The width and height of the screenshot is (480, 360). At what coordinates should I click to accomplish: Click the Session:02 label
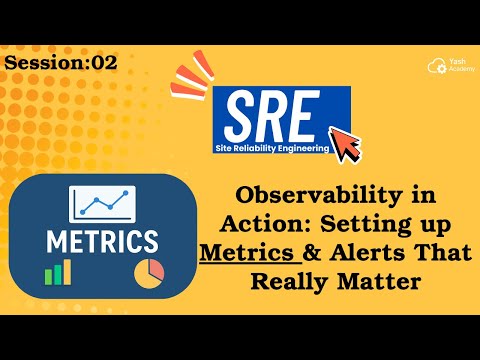click(61, 63)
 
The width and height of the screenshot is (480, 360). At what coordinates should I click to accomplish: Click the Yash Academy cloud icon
click(434, 64)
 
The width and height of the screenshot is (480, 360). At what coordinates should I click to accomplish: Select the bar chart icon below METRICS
click(57, 271)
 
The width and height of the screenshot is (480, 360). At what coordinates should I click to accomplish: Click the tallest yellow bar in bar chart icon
click(67, 268)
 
